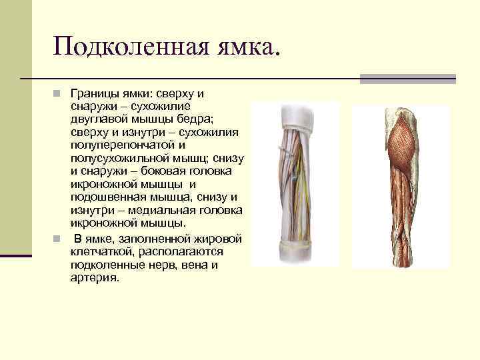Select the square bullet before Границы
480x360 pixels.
(58, 94)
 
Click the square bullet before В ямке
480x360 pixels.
(58, 239)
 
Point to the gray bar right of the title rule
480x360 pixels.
(407, 79)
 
